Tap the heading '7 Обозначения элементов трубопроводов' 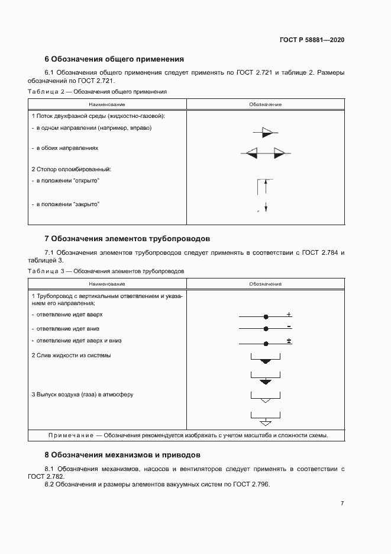coord(127,239)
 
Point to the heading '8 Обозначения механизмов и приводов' coord(122,455)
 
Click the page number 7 coord(342,503)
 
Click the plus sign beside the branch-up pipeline coord(289,314)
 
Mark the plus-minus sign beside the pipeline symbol coord(289,341)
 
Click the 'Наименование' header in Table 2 coord(107,104)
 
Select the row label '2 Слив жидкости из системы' coord(71,356)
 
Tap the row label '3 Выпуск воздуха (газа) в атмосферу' coord(82,394)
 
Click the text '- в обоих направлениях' coord(64,148)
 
